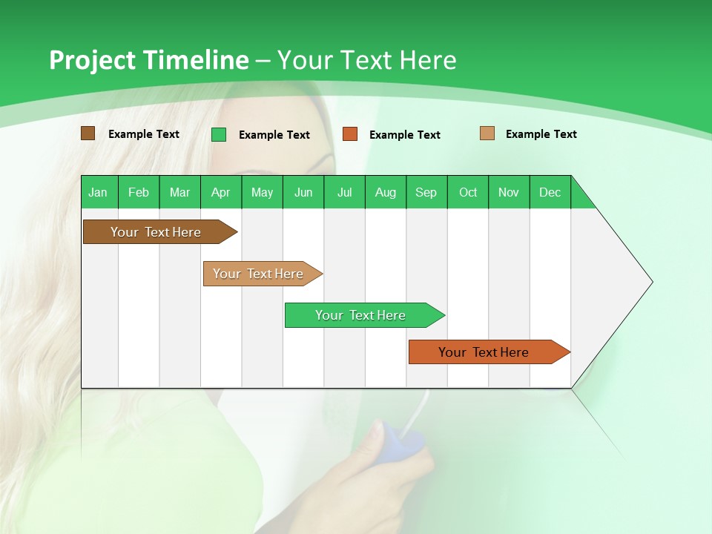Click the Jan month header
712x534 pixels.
98,192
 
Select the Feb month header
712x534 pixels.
139,192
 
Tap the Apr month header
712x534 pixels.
221,192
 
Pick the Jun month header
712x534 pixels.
303,192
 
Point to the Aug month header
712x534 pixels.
386,192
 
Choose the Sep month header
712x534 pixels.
426,192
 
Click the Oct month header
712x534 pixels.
468,192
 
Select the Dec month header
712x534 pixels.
550,192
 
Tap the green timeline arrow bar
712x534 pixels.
361,315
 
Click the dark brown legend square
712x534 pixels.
88,133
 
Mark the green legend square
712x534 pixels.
219,134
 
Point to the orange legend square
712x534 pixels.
350,134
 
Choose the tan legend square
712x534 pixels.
487,133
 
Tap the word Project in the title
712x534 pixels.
93,60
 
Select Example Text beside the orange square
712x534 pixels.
405,135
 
